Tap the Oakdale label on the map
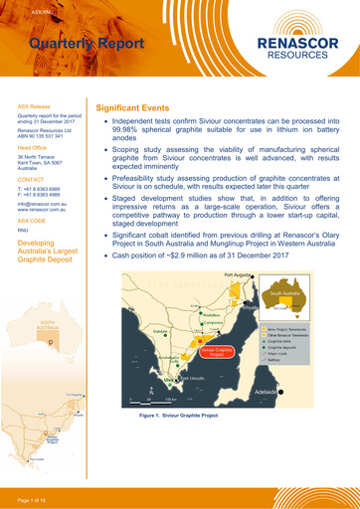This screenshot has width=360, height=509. pyautogui.click(x=145, y=334)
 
